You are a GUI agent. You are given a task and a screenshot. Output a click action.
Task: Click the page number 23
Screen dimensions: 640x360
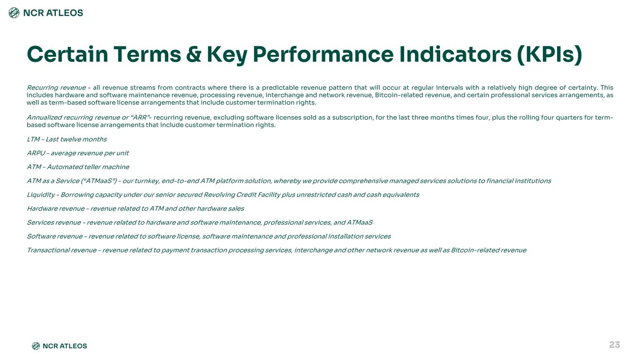(614, 345)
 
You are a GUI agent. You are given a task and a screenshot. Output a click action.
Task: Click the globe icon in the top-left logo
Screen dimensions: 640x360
(14, 13)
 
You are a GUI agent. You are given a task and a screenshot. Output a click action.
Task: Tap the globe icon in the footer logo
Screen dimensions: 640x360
(36, 346)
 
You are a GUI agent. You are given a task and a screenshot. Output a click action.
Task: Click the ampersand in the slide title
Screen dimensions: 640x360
(194, 54)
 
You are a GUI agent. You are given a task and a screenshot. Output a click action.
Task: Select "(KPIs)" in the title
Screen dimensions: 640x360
(550, 55)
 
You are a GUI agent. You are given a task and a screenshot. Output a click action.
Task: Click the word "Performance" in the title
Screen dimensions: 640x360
(323, 54)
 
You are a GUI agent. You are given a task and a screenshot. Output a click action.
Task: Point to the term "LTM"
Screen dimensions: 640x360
(33, 139)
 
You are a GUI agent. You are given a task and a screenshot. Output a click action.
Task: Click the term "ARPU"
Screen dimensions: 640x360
(36, 153)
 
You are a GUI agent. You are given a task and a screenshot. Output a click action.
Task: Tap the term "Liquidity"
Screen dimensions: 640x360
(41, 195)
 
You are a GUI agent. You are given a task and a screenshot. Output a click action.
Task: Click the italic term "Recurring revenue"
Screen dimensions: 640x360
(56, 88)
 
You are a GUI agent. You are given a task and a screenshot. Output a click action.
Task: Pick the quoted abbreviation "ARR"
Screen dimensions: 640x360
(140, 118)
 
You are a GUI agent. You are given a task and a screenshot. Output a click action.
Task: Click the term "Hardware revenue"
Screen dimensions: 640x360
(55, 209)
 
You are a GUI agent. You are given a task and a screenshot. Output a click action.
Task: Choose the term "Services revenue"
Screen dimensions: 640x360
(54, 223)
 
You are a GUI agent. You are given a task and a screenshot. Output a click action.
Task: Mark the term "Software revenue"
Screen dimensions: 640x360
(54, 236)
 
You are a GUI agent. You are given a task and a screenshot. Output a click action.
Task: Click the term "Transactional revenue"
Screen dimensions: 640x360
(61, 250)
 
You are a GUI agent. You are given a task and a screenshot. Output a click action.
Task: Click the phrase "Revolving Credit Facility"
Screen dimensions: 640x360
(242, 195)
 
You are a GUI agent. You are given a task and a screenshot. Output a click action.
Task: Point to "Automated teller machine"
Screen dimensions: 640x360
(88, 167)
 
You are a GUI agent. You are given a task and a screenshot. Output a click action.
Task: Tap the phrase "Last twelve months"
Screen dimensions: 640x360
(76, 139)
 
